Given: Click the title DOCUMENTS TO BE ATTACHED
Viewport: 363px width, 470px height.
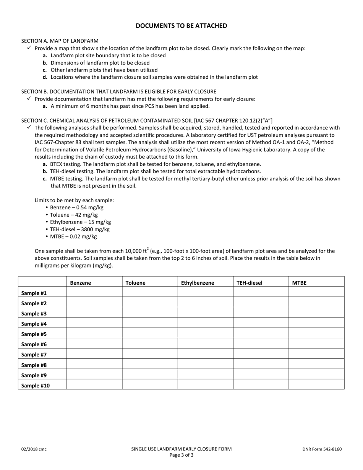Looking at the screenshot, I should click(181, 26).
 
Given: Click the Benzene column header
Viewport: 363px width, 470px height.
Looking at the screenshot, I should click(80, 283).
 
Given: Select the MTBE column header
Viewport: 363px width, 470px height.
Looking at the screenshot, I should click(299, 283).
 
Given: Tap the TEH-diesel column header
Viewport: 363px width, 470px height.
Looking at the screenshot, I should click(249, 283).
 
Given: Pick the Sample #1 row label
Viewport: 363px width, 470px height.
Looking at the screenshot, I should click(34, 293).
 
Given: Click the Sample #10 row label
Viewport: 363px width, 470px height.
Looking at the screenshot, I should click(35, 386).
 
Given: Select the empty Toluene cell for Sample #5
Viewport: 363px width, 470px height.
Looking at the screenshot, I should click(150, 334).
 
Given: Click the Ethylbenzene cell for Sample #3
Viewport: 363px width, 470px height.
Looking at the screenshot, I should click(205, 313).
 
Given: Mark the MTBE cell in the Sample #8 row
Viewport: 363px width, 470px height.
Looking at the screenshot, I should click(316, 365).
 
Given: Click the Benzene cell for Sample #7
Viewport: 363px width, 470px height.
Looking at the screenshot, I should click(94, 355).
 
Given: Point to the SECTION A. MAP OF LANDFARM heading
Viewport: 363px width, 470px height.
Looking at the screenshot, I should click(60, 41).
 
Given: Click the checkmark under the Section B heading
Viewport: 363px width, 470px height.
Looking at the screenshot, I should click(29, 99).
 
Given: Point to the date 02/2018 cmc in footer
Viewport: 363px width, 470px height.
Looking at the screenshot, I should click(34, 449).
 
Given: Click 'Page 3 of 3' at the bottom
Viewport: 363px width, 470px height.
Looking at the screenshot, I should click(181, 455).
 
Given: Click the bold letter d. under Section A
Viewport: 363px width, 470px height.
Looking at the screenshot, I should click(45, 77).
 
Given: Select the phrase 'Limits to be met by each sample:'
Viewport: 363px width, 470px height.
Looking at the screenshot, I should click(74, 200).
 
